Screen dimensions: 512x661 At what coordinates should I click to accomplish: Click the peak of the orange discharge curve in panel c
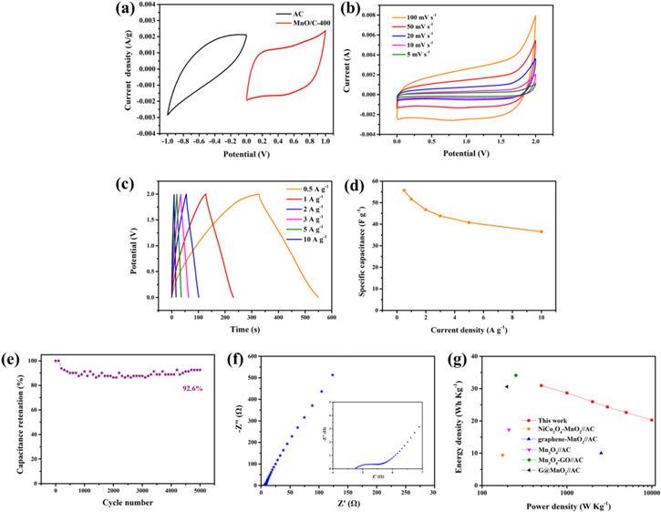click(x=259, y=194)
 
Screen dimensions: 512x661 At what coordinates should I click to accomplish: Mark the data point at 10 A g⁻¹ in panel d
click(x=541, y=231)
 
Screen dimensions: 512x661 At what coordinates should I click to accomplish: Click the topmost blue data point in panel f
click(x=333, y=374)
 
